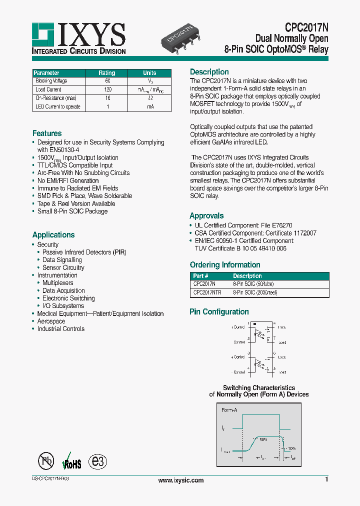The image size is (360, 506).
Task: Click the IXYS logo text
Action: click(92, 35)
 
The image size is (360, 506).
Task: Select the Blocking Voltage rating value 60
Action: click(107, 81)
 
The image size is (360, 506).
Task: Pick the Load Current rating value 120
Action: click(107, 89)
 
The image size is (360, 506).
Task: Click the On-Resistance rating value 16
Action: click(107, 98)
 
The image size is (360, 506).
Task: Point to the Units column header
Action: click(149, 72)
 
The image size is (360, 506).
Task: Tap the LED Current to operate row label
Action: click(57, 106)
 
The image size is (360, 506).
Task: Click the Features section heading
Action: click(47, 133)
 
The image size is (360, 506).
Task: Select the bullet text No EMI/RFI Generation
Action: click(68, 180)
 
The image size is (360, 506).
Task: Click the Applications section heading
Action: click(53, 235)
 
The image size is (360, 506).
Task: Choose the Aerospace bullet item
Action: click(51, 321)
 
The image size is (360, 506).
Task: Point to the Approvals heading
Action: click(206, 216)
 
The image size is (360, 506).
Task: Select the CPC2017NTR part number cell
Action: click(207, 292)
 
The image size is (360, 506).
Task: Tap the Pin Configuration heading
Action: click(219, 312)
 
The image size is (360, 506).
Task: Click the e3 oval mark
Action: click(97, 461)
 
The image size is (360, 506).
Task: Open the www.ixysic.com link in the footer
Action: click(180, 480)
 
